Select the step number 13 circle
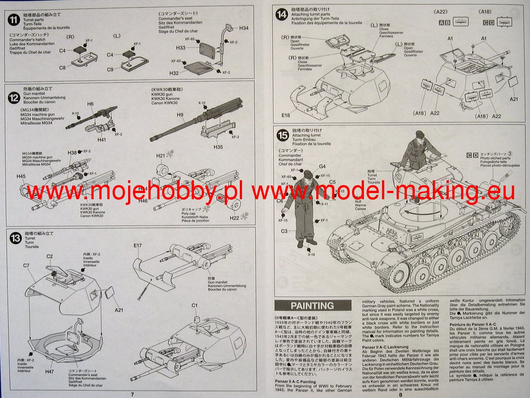point(16,238)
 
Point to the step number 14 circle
point(281,14)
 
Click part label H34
point(244,28)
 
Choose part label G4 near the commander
point(322,166)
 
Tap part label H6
point(90,104)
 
